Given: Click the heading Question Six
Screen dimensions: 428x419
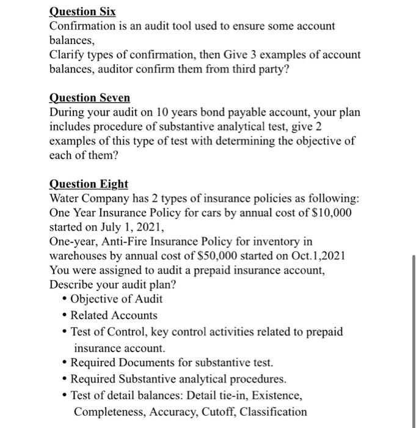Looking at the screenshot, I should click(x=82, y=12).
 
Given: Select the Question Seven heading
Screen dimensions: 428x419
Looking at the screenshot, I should click(x=89, y=98).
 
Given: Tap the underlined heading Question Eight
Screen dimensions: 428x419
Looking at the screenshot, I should click(x=89, y=184).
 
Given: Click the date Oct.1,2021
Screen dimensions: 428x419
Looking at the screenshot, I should click(x=315, y=256).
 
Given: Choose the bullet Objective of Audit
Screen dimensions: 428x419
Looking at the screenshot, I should click(x=117, y=299).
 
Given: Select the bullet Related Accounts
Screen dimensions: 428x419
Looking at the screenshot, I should click(x=114, y=315).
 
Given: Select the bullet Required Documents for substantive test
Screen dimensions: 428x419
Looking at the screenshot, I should click(x=172, y=363).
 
